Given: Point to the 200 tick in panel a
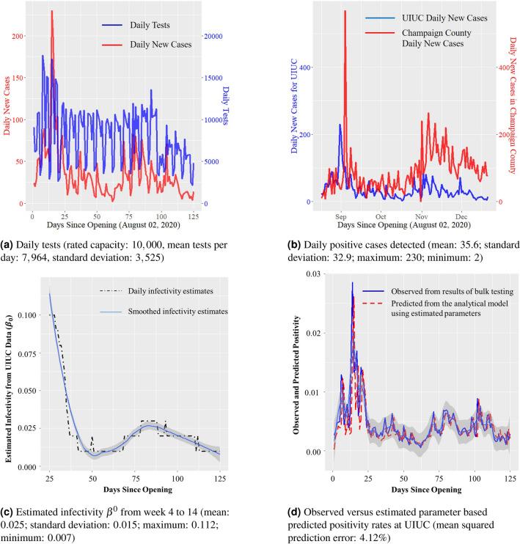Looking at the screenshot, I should (16, 36).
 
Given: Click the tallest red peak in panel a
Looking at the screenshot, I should (51, 12).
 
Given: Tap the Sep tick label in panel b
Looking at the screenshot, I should (341, 218).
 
